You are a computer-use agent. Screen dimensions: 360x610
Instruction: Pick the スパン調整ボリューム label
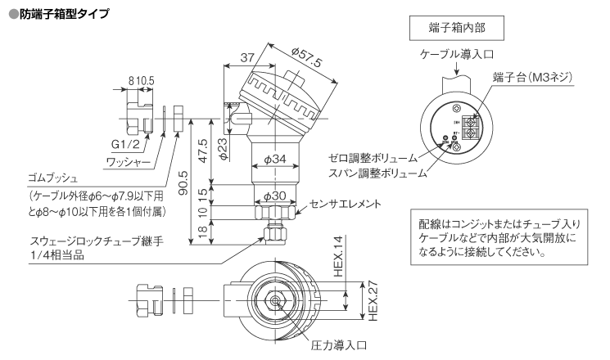[x=378, y=173]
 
